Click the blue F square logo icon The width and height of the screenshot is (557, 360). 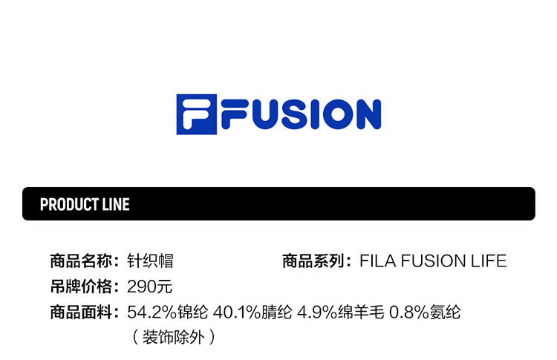tap(196, 114)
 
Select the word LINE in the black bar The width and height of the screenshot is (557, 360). tap(114, 204)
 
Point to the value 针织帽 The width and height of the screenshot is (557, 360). tap(151, 261)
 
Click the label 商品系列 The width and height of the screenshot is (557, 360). tap(313, 261)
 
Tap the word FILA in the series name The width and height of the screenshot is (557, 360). tap(374, 261)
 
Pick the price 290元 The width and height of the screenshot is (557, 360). tap(150, 287)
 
